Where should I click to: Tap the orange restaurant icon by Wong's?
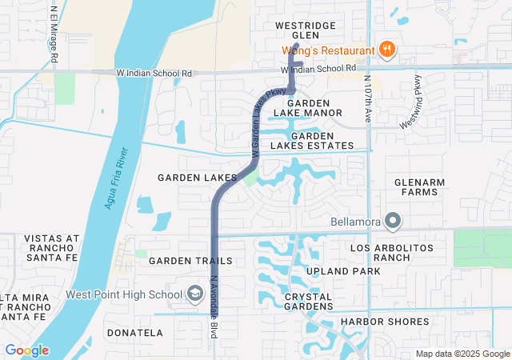coord(386,50)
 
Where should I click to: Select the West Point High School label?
coord(124,294)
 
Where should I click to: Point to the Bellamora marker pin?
coord(393,220)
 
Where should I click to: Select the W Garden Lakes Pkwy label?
coord(258,122)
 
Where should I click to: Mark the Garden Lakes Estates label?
coord(311,141)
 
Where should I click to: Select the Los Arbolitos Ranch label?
coord(392,253)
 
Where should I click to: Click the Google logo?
coord(27,350)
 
